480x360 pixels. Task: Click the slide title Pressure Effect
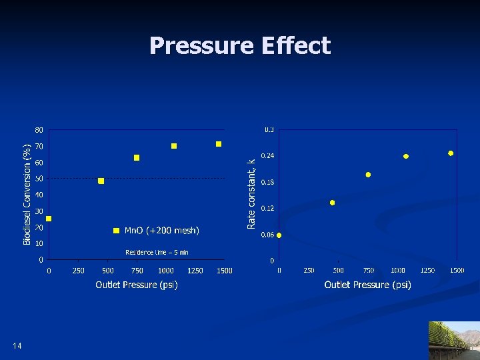coord(240,45)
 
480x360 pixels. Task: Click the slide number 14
coord(17,345)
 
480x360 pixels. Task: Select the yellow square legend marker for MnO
coord(116,231)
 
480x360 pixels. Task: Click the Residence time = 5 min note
coord(157,252)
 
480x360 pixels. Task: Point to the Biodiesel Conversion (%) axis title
coord(27,194)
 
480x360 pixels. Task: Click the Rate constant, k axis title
coord(251,194)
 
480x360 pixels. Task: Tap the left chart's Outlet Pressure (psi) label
coord(137,285)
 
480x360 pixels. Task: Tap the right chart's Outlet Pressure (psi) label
coord(367,285)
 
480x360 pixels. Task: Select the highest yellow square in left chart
coord(218,144)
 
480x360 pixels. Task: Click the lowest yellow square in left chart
coord(49,219)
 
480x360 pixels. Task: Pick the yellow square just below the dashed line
coord(101,181)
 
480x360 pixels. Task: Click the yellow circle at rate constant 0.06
coord(279,235)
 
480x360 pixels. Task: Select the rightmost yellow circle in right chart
coord(451,153)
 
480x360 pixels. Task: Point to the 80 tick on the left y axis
coord(39,129)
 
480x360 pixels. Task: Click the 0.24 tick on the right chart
coord(267,155)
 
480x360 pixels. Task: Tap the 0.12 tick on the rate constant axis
coord(267,208)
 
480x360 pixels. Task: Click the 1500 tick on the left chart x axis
coord(224,270)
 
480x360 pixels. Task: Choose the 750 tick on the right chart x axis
coord(368,270)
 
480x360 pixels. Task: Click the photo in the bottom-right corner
coord(454,341)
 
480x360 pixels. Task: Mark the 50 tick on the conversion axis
coord(39,179)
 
